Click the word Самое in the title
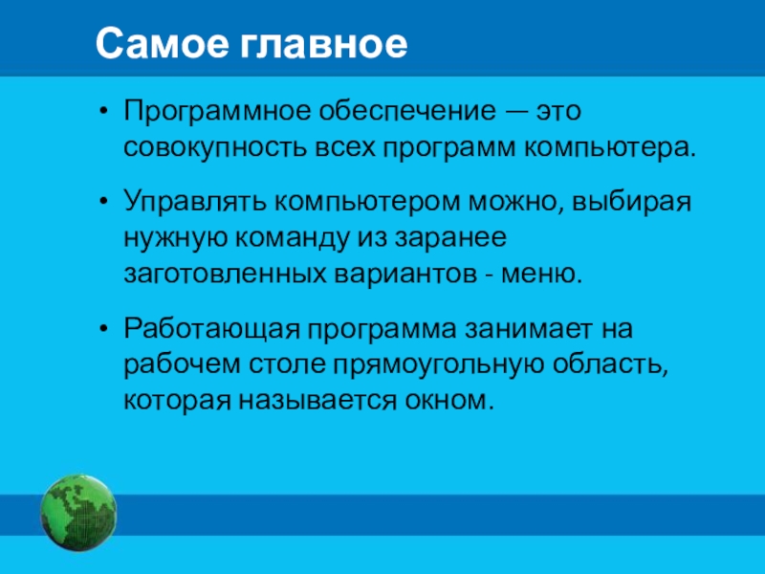[162, 44]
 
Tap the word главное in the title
[323, 44]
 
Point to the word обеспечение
[407, 111]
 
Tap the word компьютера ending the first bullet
[610, 148]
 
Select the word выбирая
[631, 202]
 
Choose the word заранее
[450, 238]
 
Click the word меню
[541, 275]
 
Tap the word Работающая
[211, 329]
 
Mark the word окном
[446, 402]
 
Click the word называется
[317, 402]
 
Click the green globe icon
[78, 512]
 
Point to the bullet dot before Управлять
[102, 203]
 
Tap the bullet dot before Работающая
[102, 330]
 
